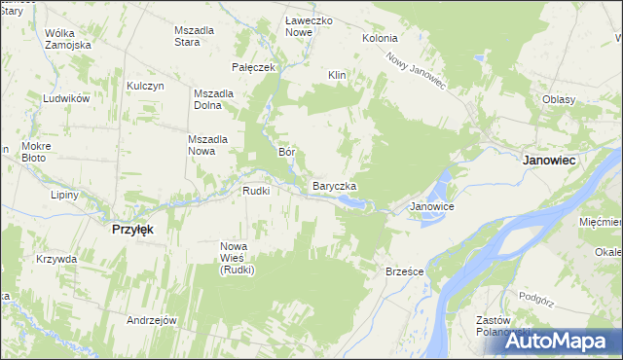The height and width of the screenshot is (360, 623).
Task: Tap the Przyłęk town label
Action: (126, 229)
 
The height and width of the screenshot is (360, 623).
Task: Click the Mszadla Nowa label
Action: (207, 144)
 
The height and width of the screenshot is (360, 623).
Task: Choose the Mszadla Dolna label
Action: (213, 99)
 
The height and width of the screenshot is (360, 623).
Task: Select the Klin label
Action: (338, 75)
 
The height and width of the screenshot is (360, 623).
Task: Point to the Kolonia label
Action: (380, 38)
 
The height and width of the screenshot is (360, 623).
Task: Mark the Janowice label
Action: (432, 207)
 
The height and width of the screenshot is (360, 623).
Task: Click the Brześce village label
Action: (404, 271)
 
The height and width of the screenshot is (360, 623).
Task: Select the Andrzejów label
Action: (151, 319)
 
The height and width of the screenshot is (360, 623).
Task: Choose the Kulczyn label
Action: (143, 86)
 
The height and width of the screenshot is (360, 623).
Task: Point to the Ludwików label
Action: (66, 99)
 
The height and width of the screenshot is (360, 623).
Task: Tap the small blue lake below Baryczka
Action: (351, 202)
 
